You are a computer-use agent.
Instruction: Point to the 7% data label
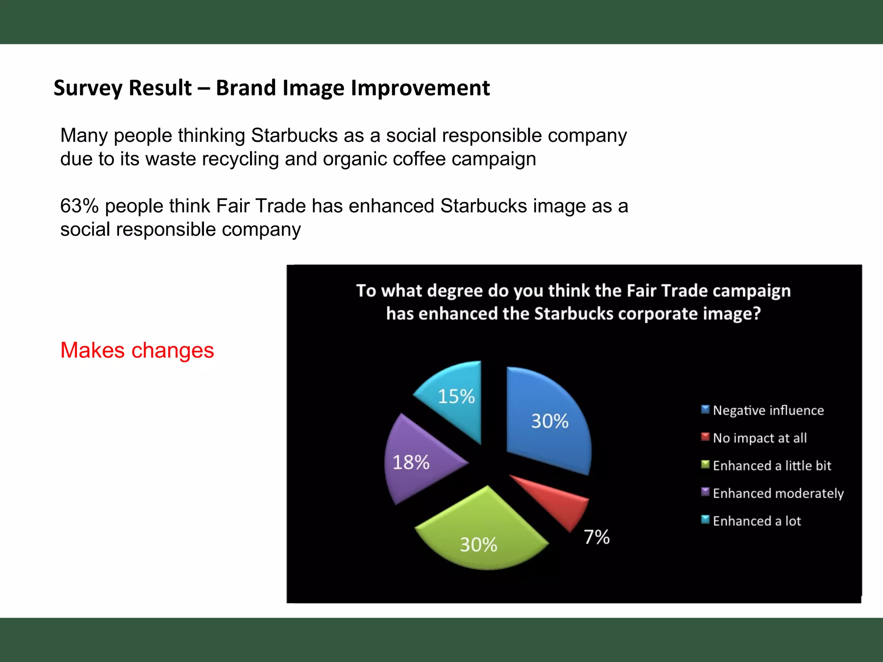(597, 537)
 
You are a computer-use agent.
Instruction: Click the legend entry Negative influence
(768, 410)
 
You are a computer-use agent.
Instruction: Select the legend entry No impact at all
(759, 438)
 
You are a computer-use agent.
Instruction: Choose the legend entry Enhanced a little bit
(771, 465)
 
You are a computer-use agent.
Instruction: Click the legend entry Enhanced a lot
(757, 521)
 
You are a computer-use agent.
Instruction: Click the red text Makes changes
(137, 350)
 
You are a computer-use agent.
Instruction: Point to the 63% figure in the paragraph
(79, 206)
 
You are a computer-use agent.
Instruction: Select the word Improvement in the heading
(420, 88)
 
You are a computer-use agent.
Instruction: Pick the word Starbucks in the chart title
(573, 314)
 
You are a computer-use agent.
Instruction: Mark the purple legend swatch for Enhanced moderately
(705, 492)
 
